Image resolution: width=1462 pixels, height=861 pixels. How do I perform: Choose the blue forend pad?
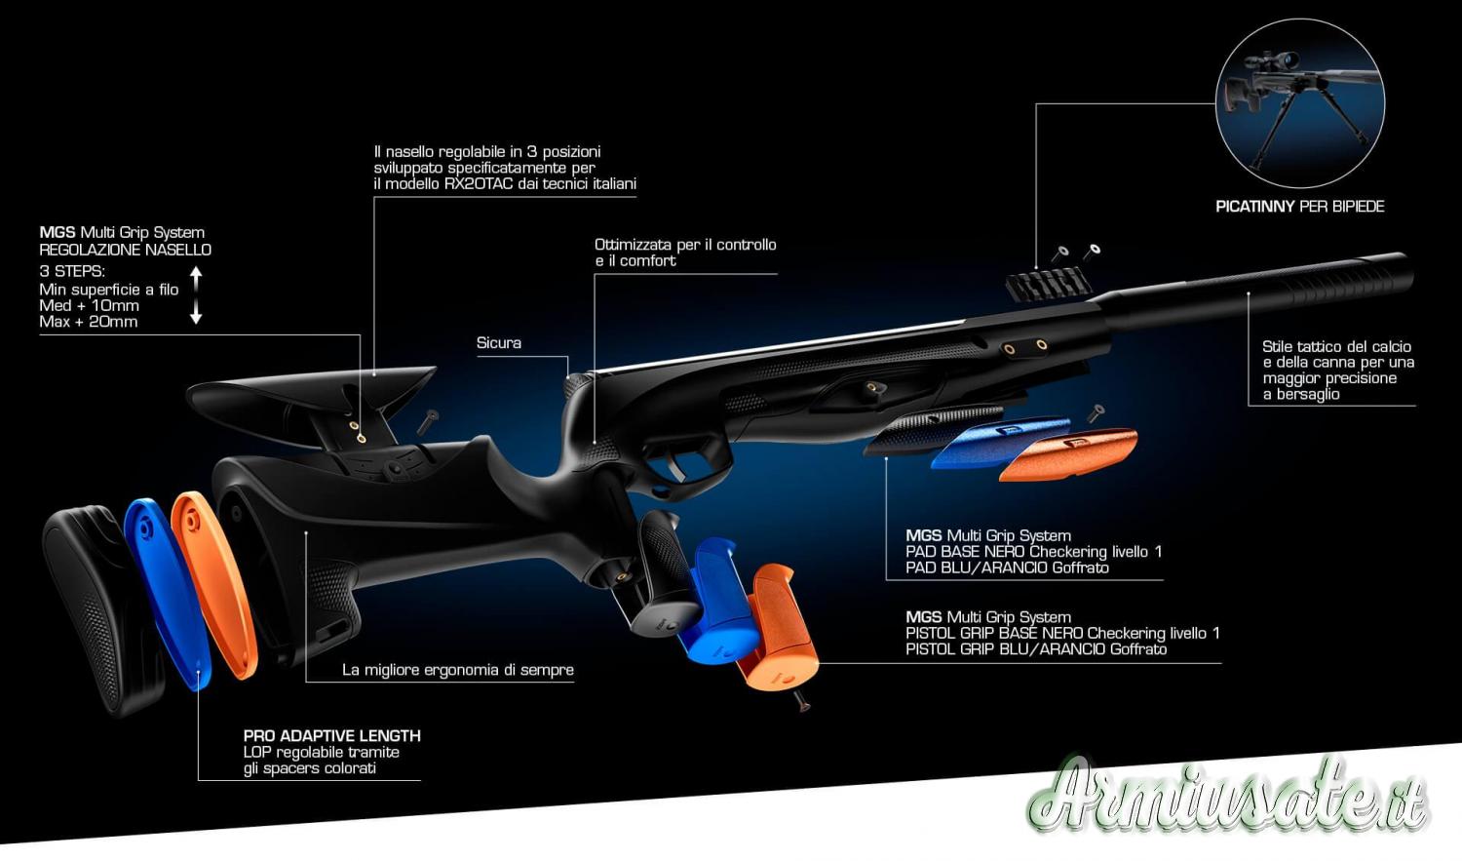[x=999, y=440]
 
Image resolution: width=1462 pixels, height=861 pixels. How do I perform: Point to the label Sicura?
[x=499, y=343]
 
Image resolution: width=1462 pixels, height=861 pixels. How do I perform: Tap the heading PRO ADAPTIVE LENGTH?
[x=332, y=736]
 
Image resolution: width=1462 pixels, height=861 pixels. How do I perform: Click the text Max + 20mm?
[x=89, y=322]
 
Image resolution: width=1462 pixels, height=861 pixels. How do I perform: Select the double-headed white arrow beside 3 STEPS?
[x=196, y=294]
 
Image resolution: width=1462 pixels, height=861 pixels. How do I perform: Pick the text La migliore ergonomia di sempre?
[x=458, y=670]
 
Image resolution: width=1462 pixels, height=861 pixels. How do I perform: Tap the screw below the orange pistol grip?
[x=803, y=699]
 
